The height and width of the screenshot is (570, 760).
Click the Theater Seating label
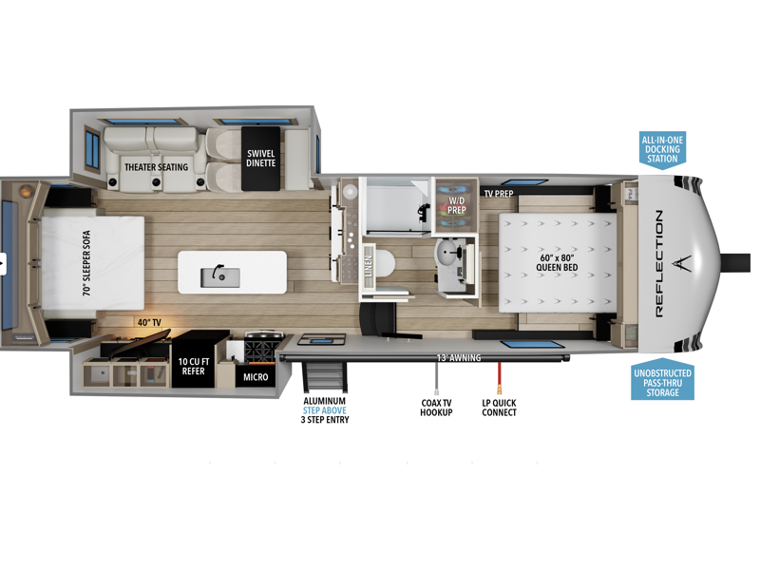pyautogui.click(x=156, y=167)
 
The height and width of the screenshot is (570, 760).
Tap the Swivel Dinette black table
pyautogui.click(x=260, y=159)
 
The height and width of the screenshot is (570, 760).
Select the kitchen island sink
pyautogui.click(x=220, y=277)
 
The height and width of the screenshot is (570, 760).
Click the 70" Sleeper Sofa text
pyautogui.click(x=86, y=263)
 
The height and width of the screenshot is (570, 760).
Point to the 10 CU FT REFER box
pyautogui.click(x=194, y=360)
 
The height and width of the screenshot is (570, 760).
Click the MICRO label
pyautogui.click(x=256, y=377)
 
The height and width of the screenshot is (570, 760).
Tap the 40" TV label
pyautogui.click(x=149, y=322)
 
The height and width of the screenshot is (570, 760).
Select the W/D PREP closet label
pyautogui.click(x=456, y=205)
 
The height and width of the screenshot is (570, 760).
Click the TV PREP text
pyautogui.click(x=498, y=194)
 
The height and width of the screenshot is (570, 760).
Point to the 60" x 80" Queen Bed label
pyautogui.click(x=557, y=263)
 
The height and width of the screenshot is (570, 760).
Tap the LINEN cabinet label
pyautogui.click(x=369, y=266)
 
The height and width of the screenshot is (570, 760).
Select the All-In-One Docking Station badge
pyautogui.click(x=662, y=150)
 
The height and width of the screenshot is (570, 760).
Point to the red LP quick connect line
pyautogui.click(x=499, y=377)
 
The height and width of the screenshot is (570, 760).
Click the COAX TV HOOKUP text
pyautogui.click(x=436, y=408)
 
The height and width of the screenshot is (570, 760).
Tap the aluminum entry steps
pyautogui.click(x=325, y=376)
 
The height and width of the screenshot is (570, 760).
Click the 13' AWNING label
pyautogui.click(x=459, y=358)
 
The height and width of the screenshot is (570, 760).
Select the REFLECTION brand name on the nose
pyautogui.click(x=659, y=264)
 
